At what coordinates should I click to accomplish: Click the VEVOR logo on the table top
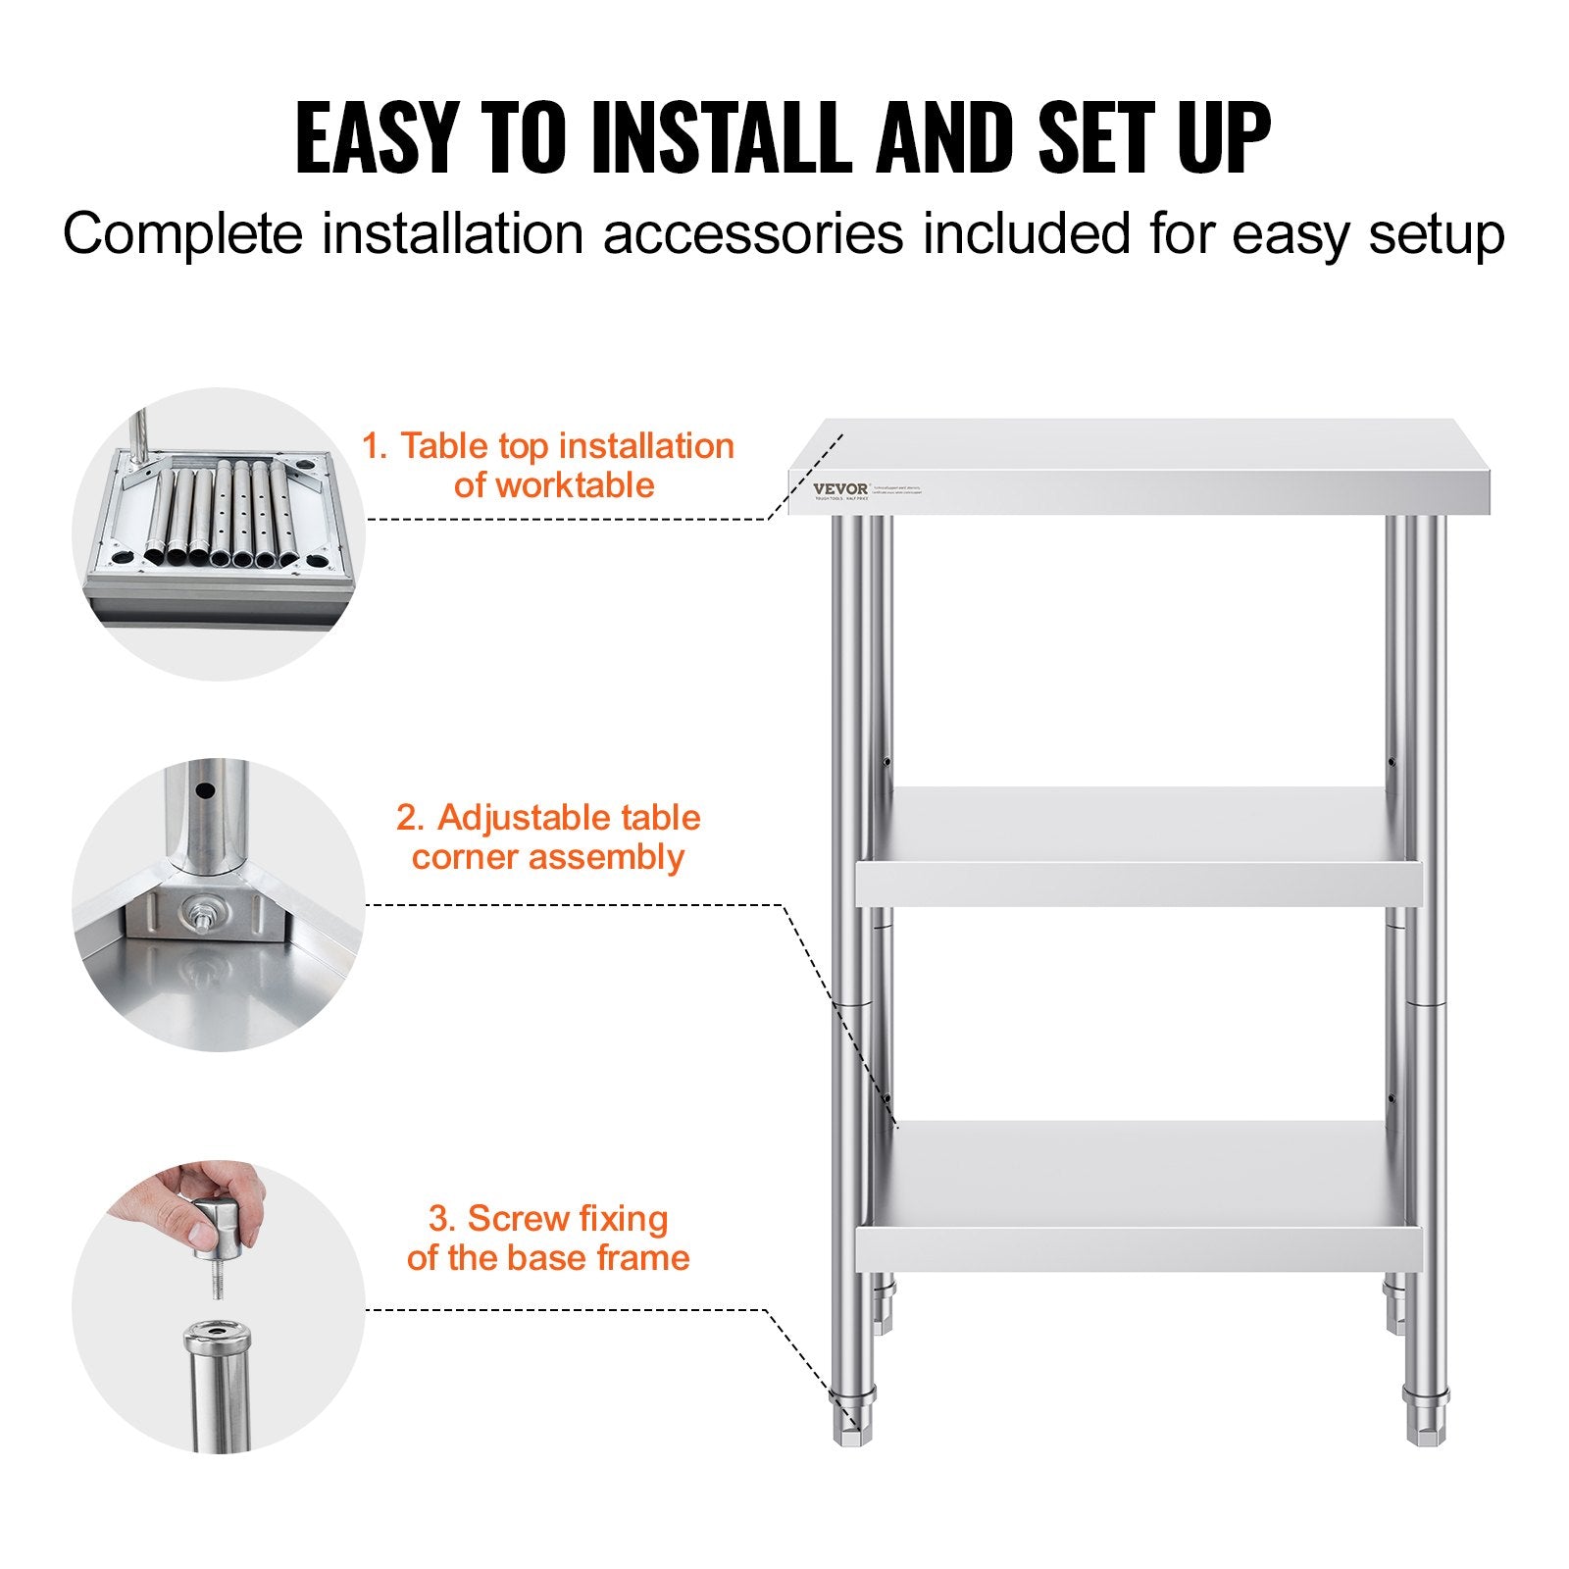[839, 489]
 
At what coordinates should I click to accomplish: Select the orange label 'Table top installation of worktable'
[549, 465]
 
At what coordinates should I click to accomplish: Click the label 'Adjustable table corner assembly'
[548, 836]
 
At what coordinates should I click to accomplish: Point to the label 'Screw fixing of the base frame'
[548, 1238]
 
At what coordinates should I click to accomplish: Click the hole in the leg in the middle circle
[206, 789]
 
